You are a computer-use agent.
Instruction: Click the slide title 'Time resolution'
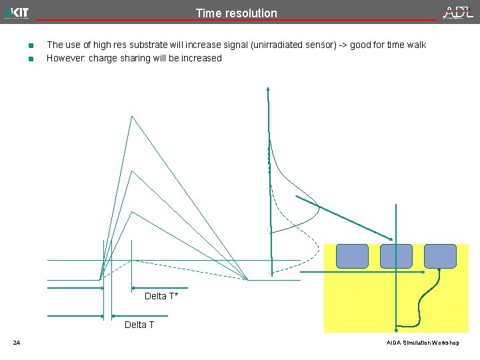(x=236, y=13)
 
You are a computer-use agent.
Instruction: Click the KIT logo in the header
(x=17, y=13)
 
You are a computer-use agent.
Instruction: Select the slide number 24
(x=17, y=343)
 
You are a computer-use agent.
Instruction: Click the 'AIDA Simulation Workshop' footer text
(x=423, y=343)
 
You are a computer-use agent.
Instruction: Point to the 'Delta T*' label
(x=161, y=296)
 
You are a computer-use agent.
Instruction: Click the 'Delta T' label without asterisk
(x=139, y=325)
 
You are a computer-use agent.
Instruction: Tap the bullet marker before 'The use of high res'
(x=31, y=46)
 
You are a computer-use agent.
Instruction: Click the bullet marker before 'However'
(x=31, y=59)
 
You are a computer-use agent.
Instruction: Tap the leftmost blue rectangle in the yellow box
(x=352, y=256)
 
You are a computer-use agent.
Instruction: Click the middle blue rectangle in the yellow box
(x=396, y=256)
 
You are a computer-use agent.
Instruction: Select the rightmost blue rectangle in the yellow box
(x=440, y=256)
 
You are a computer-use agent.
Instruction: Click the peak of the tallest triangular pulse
(x=132, y=116)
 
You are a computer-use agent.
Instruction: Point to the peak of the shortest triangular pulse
(x=132, y=212)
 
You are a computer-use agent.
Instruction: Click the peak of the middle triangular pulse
(x=132, y=171)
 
